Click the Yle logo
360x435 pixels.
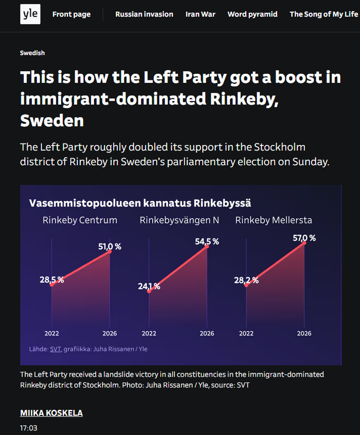pos(30,14)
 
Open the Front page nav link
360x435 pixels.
pos(71,14)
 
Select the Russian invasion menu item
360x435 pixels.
pos(144,14)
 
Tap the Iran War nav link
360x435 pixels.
pos(200,14)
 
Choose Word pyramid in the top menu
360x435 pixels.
pos(252,14)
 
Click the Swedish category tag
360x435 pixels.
pos(32,53)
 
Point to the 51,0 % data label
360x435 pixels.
pos(110,247)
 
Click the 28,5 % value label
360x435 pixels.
pos(52,280)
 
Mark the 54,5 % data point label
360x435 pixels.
pos(207,241)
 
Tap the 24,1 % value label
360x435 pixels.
pos(149,286)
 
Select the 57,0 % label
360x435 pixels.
pos(304,238)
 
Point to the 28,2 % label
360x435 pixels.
pos(246,280)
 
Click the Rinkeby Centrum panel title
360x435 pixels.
pos(80,220)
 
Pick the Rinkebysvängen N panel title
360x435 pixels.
pos(179,220)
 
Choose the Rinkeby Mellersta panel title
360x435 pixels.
pos(274,220)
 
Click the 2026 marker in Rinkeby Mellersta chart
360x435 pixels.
pos(304,333)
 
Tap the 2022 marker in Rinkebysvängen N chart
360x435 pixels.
pos(149,333)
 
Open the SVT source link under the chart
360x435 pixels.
pos(55,349)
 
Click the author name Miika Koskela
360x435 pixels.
pos(52,413)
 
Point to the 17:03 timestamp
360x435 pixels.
pos(29,428)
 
